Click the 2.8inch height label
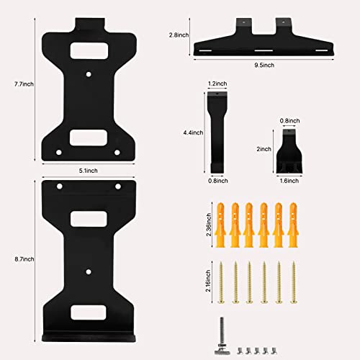(179, 35)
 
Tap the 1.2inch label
(215, 84)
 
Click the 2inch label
(264, 150)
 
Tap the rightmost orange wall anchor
(292, 222)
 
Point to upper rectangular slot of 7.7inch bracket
(89, 50)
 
